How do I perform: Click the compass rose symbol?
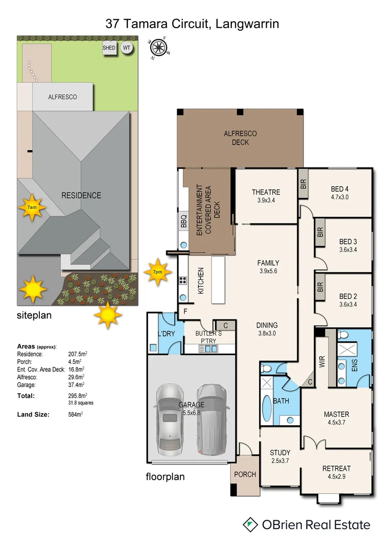(158, 48)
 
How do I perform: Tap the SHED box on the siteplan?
(109, 48)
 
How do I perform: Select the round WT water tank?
(126, 48)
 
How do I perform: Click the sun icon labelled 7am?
(32, 207)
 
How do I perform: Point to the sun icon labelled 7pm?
(158, 272)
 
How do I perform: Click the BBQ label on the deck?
(184, 221)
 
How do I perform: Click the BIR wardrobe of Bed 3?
(320, 232)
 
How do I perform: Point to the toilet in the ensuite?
(343, 335)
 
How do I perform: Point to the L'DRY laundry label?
(166, 334)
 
